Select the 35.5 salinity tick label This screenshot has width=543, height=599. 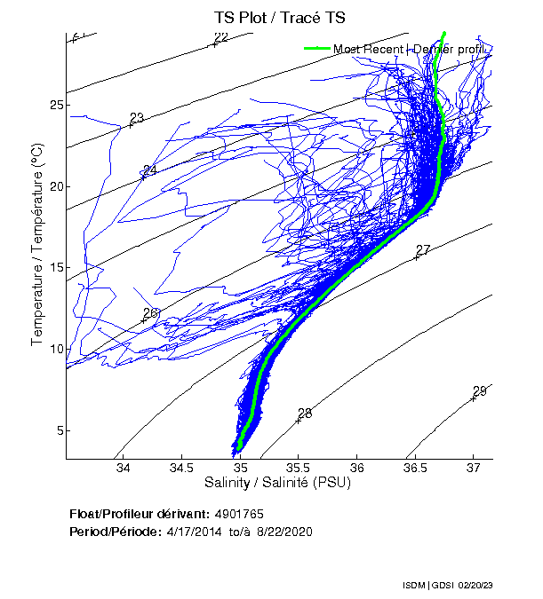[298, 469]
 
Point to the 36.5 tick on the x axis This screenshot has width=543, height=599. [414, 469]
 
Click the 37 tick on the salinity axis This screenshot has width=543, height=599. [473, 469]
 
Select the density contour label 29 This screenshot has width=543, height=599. [480, 391]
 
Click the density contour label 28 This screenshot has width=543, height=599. [305, 414]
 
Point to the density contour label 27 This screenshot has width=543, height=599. [423, 250]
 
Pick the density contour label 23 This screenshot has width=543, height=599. [137, 118]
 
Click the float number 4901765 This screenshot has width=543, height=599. [238, 514]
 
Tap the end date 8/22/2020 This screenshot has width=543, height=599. [283, 531]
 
